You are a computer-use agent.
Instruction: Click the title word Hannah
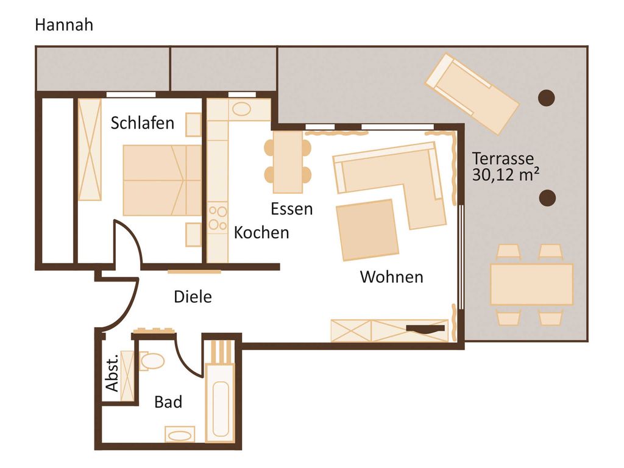(64, 24)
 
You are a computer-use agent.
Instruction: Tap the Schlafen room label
(143, 123)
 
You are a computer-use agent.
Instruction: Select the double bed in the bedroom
(162, 180)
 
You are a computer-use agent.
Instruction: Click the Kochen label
(261, 233)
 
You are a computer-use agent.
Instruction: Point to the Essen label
(292, 209)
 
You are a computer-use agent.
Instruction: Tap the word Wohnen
(392, 277)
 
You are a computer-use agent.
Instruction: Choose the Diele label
(193, 297)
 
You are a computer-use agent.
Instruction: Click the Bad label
(168, 402)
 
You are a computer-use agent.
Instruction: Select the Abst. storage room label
(112, 372)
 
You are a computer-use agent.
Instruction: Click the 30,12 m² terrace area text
(506, 175)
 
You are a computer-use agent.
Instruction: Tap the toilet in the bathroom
(152, 361)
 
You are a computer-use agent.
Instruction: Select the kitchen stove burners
(218, 218)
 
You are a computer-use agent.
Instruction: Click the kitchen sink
(241, 109)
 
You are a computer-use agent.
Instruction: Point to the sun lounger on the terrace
(472, 94)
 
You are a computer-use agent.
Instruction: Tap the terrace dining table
(531, 285)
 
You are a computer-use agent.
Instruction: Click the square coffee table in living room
(367, 230)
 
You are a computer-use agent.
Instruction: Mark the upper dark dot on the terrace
(547, 98)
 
